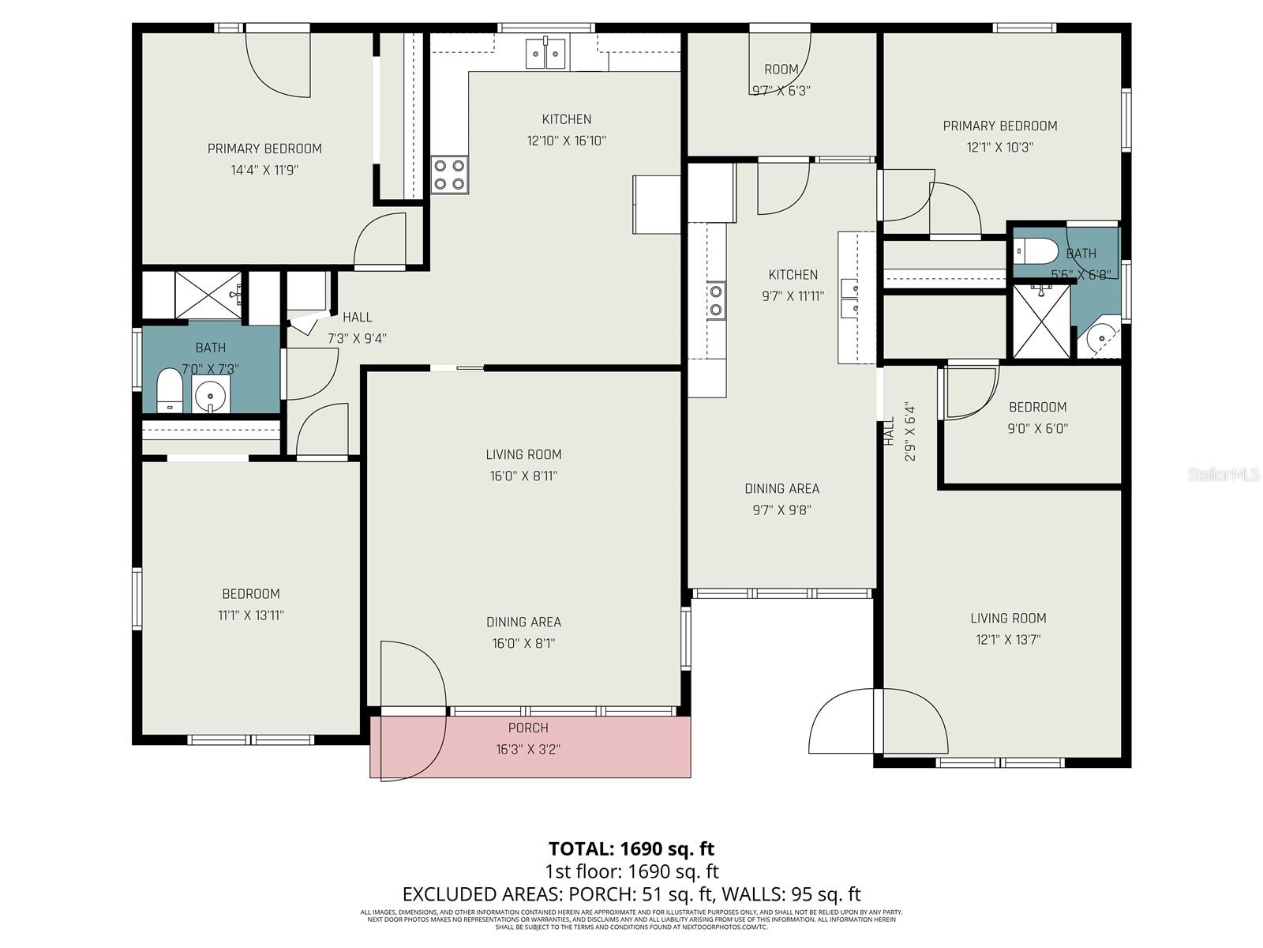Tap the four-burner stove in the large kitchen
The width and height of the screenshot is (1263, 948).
pyautogui.click(x=449, y=175)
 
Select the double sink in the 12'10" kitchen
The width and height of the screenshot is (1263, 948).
pyautogui.click(x=546, y=54)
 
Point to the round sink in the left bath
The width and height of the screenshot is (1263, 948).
pyautogui.click(x=211, y=393)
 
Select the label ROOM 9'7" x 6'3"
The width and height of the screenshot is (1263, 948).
pyautogui.click(x=781, y=79)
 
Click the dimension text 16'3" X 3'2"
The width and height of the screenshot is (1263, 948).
pyautogui.click(x=528, y=749)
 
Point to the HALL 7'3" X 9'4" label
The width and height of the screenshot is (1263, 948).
pyautogui.click(x=357, y=327)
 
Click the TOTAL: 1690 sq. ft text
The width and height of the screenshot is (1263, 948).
pyautogui.click(x=631, y=848)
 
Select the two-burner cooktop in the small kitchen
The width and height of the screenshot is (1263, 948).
pyautogui.click(x=716, y=300)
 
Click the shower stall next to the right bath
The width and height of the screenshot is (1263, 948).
pyautogui.click(x=1041, y=322)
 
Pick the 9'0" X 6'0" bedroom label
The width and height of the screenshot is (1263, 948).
pyautogui.click(x=1037, y=418)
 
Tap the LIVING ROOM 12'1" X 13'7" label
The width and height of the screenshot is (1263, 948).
pyautogui.click(x=1008, y=629)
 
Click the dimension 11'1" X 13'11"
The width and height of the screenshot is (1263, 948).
pyautogui.click(x=251, y=615)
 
